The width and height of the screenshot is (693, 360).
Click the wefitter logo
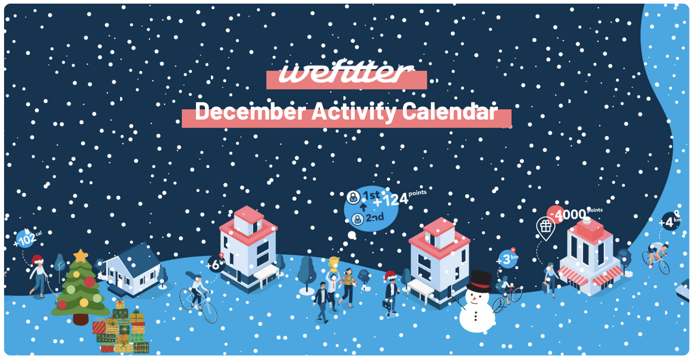(346, 74)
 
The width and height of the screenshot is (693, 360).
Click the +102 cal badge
(26, 238)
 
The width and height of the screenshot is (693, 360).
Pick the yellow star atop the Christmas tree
(80, 255)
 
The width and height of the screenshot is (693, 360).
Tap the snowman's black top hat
(481, 281)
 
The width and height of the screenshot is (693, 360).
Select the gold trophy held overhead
(334, 263)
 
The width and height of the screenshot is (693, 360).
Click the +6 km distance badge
(216, 264)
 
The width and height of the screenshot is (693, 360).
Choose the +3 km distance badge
(507, 260)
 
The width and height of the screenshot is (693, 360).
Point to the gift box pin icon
(544, 227)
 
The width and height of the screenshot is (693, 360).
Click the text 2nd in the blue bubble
(375, 218)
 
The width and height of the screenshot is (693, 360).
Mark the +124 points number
(391, 200)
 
